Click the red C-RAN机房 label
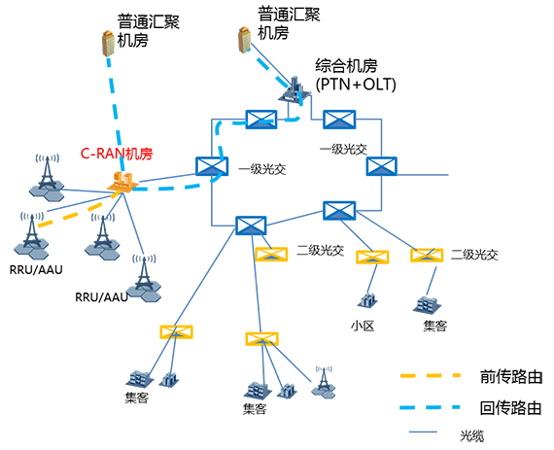[117, 154]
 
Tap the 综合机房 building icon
[294, 88]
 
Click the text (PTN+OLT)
[356, 85]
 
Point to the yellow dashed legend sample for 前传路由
[430, 375]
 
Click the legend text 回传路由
[511, 407]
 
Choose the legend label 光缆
[472, 435]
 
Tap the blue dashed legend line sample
[430, 407]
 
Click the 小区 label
[363, 326]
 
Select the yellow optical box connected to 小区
[372, 257]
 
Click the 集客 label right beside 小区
[434, 326]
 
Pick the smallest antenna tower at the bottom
[324, 382]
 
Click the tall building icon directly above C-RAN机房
[109, 43]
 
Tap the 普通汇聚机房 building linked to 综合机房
[245, 40]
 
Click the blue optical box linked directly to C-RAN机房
[212, 166]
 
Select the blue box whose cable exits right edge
[381, 166]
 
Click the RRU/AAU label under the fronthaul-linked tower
[36, 269]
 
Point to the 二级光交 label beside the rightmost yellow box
[474, 255]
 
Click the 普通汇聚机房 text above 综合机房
[289, 23]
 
